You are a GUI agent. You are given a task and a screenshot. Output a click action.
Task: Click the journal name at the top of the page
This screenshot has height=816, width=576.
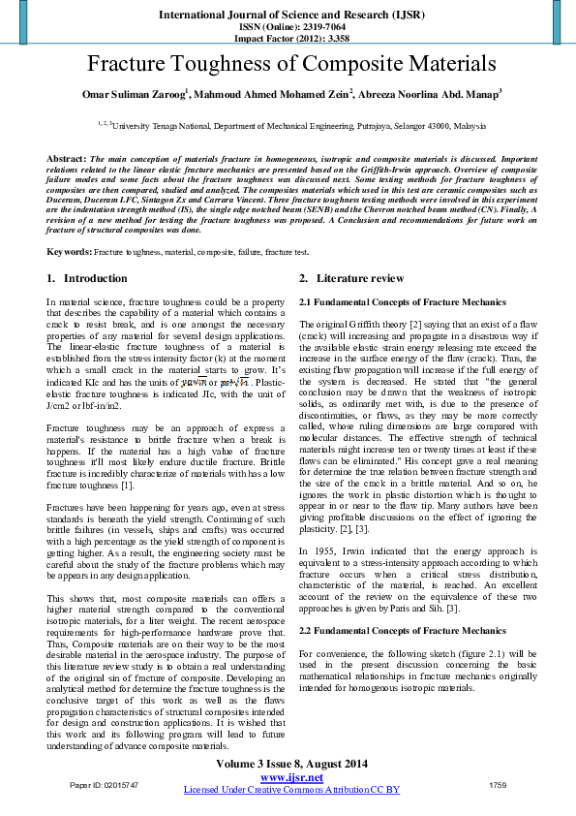(288, 16)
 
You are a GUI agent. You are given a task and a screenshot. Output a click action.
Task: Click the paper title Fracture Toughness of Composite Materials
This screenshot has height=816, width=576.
(288, 65)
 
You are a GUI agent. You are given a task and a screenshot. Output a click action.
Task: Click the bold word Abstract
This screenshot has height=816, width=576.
(66, 157)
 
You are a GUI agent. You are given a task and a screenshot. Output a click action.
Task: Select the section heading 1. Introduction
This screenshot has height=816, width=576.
(87, 278)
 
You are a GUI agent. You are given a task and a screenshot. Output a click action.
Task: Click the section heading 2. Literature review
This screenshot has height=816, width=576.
(351, 278)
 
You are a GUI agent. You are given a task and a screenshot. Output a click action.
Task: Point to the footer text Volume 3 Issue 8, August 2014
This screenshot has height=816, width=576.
(288, 765)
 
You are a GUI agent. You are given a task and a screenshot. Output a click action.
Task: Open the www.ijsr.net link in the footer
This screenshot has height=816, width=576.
(291, 777)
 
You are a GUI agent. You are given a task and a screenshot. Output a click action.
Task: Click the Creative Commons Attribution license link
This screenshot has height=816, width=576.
(291, 790)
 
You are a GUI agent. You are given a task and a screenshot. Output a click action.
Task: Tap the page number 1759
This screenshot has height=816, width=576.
(498, 783)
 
